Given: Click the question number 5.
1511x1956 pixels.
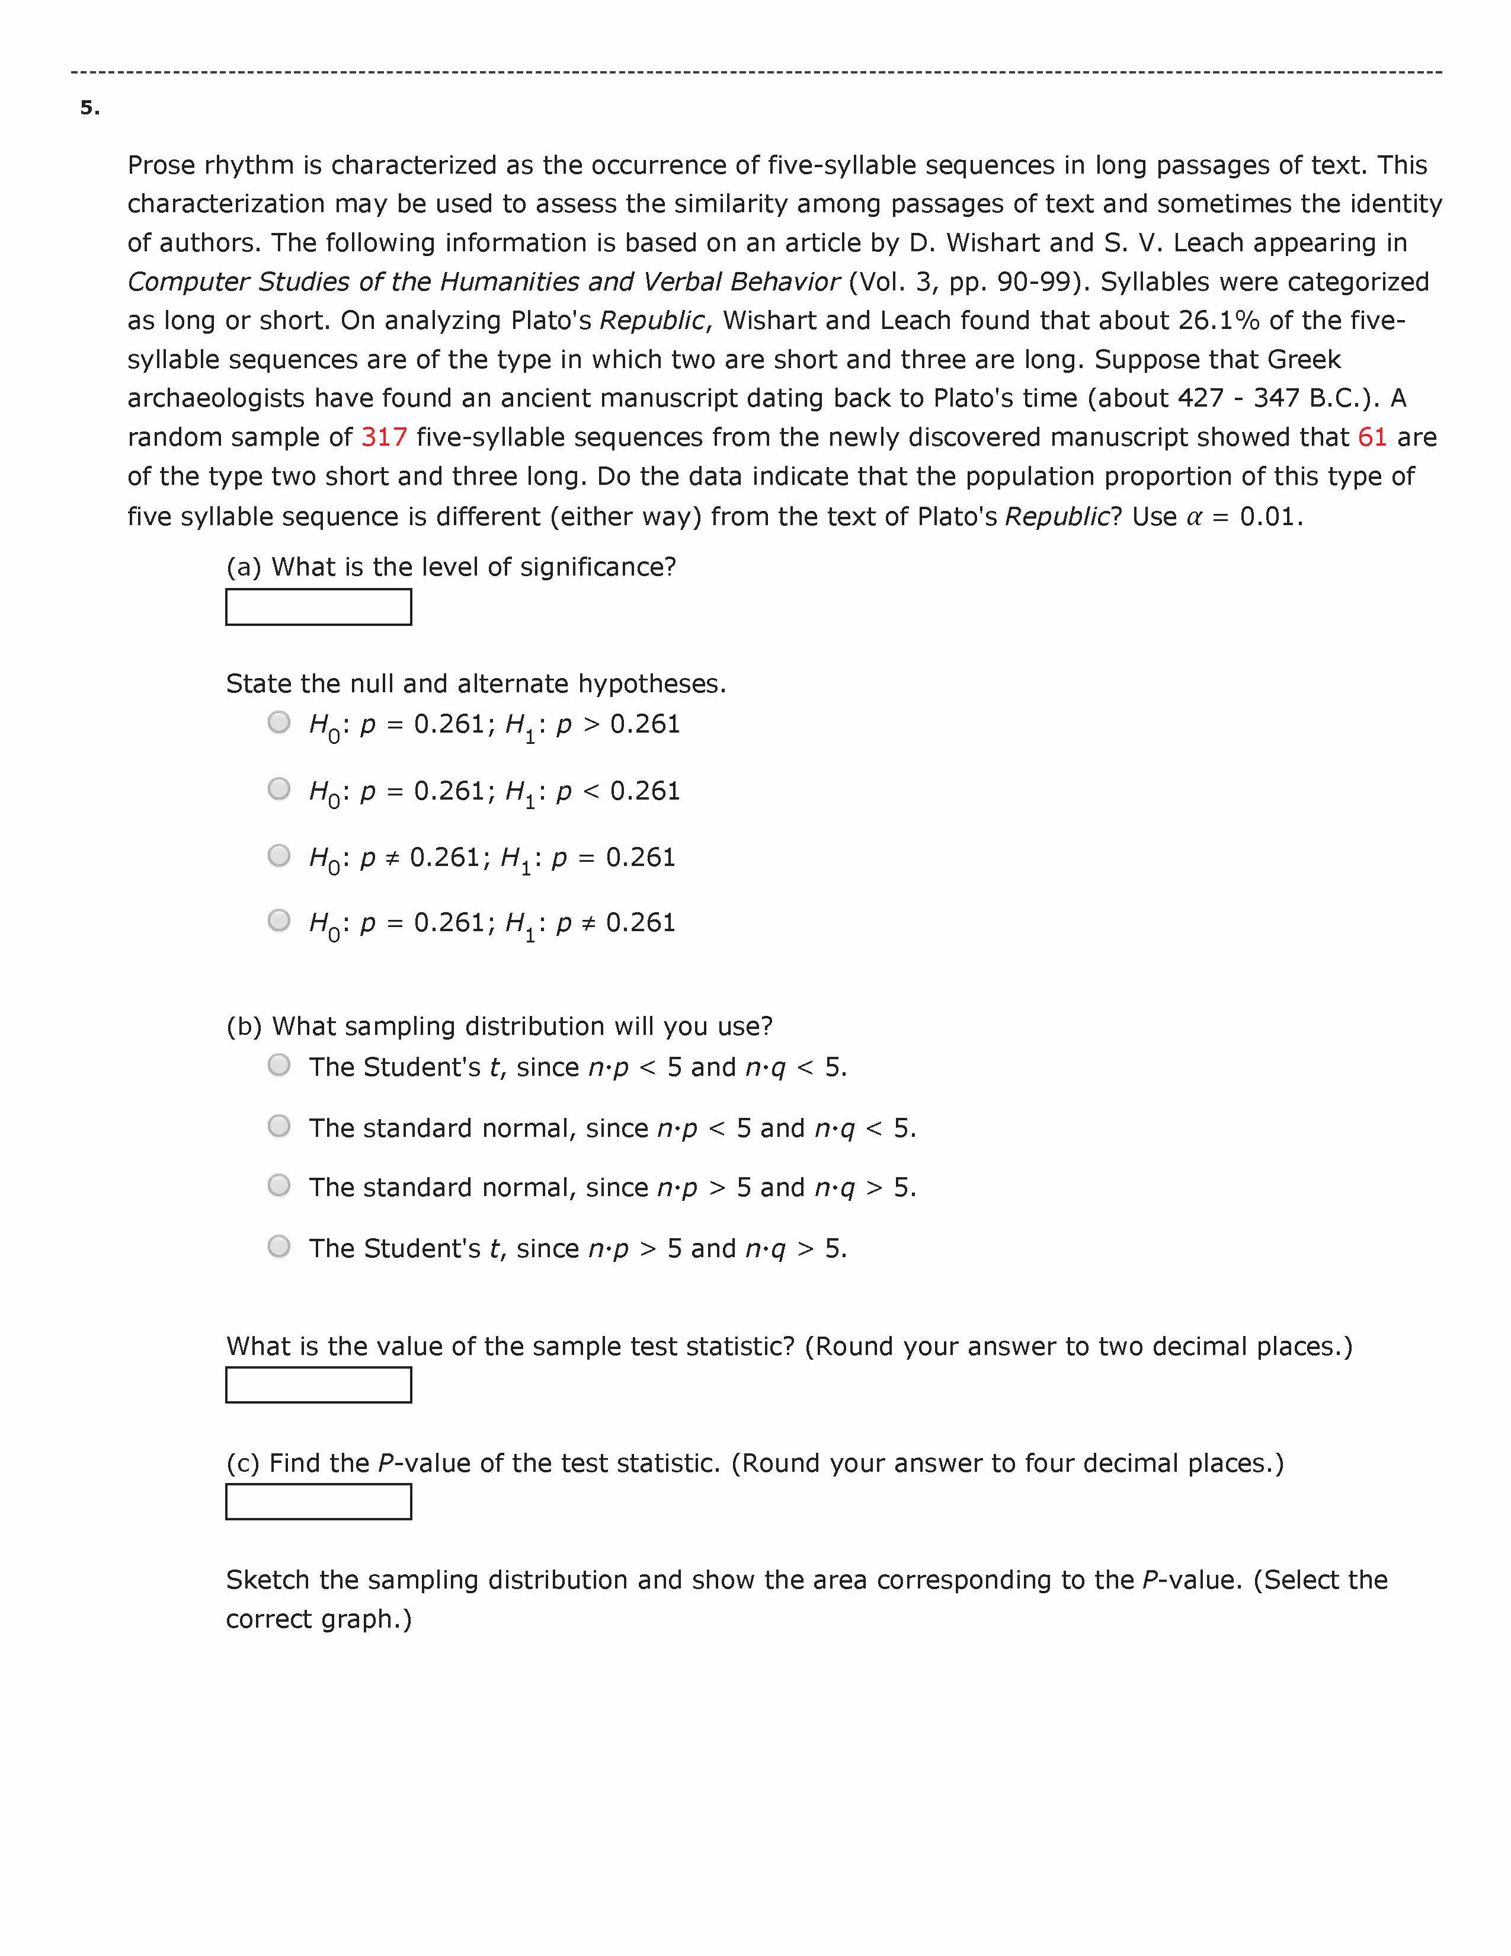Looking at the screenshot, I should pos(89,108).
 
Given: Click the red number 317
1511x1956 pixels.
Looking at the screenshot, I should pos(383,437).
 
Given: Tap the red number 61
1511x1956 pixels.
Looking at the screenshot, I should pos(1371,437).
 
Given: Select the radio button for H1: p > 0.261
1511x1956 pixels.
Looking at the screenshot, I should pos(279,722).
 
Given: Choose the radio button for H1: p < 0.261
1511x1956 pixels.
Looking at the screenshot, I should pos(279,789).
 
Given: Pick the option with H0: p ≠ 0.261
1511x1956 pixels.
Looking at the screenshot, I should pos(279,855).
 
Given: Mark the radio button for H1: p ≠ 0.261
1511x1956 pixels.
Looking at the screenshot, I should pos(279,921).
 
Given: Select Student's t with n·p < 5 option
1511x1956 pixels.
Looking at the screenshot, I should pos(279,1065).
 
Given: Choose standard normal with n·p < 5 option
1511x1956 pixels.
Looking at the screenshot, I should pos(279,1126).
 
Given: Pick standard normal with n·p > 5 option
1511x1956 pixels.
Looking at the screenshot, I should pos(279,1186).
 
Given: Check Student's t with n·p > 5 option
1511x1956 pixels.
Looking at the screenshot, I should pos(279,1247).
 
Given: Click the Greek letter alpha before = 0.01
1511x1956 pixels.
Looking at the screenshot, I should pos(1193,517).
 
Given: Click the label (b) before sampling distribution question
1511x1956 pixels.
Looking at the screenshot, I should pos(244,1027).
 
